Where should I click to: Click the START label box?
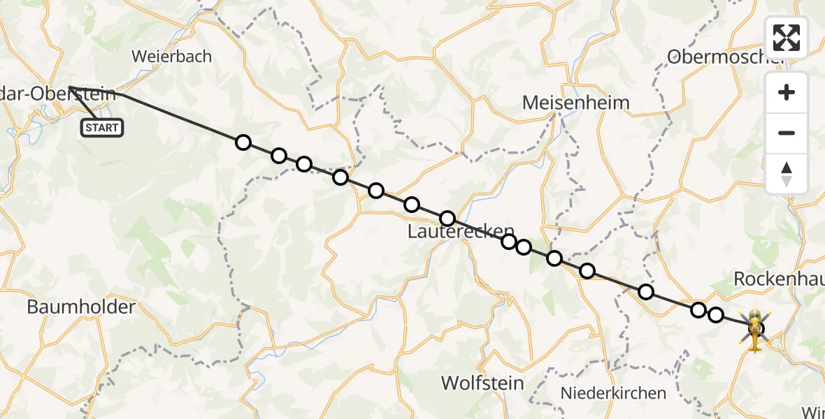pos(103,128)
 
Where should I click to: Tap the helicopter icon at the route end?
pos(756,328)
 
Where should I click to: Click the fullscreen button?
pos(787,38)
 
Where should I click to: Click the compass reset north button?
pos(787,174)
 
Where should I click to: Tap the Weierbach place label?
pos(171,57)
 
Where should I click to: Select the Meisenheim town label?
pos(576,103)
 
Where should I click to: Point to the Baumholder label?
pos(81,307)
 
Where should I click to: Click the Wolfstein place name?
pos(482,383)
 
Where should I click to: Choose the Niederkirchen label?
pos(613,393)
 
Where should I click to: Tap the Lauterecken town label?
pos(461,232)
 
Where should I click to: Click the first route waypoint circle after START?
pos(243,142)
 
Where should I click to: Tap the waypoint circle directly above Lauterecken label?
pos(447,218)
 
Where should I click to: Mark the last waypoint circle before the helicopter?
pos(716,315)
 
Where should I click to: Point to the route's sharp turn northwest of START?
pos(69,88)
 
